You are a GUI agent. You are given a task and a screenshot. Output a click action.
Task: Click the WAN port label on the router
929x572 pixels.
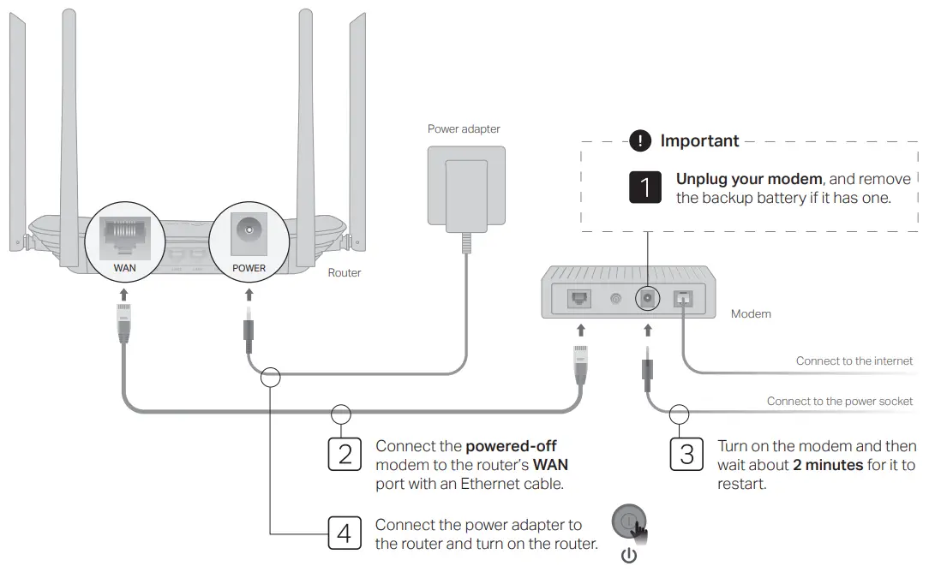coord(124,268)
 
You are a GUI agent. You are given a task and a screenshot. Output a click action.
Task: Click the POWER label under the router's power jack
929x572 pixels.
coord(249,268)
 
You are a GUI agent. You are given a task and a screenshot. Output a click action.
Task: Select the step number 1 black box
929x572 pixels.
coord(645,188)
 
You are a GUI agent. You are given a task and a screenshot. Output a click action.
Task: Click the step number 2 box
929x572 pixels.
coord(345,454)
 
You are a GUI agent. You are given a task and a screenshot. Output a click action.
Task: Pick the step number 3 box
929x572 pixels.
coord(686,454)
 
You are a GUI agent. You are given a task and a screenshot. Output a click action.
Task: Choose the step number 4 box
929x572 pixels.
coord(345,533)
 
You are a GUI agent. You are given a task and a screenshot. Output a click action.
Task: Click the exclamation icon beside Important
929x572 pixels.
coord(640,141)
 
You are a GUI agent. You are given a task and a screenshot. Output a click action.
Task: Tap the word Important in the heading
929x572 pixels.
coord(699,141)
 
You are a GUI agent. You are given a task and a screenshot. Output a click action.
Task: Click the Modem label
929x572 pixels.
coord(751,314)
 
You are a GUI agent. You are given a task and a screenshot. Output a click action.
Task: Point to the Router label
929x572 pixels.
coord(345,273)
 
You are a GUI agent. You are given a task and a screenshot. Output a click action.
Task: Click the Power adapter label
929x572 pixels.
coord(464,129)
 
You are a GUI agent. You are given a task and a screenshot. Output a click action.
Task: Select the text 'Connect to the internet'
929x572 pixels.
coord(854,361)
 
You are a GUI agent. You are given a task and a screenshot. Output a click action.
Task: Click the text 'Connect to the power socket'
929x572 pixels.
coord(840,402)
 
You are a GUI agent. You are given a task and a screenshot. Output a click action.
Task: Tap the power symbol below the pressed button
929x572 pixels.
coord(629,556)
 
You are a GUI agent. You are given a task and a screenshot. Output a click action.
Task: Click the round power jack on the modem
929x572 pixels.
coord(647,298)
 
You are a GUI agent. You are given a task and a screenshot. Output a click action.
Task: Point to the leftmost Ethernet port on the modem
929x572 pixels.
coord(579,299)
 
